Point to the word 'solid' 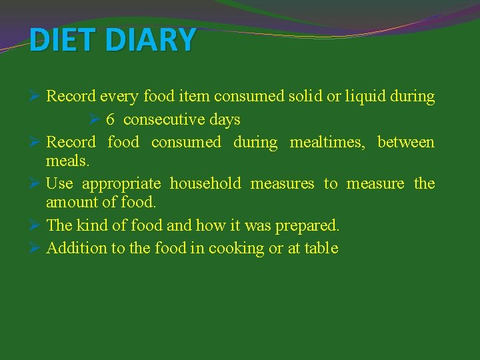[305, 97]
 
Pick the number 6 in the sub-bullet [110, 120]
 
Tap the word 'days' [225, 120]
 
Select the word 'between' [405, 142]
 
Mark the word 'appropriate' [121, 184]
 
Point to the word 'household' [205, 183]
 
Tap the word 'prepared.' [307, 226]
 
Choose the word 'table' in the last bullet [323, 248]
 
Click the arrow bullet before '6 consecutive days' [94, 119]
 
